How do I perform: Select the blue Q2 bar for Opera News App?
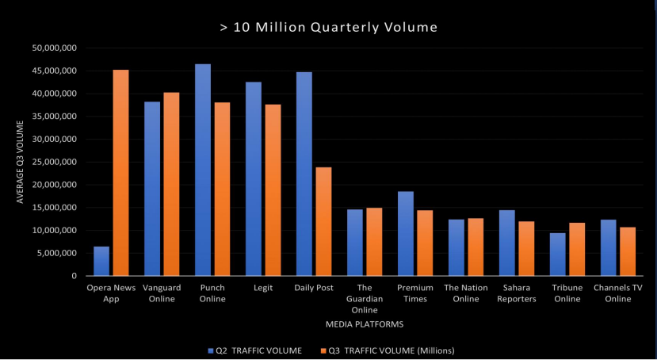pyautogui.click(x=101, y=261)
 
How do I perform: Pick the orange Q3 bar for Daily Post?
pyautogui.click(x=323, y=221)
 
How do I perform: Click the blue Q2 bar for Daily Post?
pyautogui.click(x=304, y=174)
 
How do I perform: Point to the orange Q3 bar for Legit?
pyautogui.click(x=273, y=190)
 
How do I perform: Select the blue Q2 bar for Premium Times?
pyautogui.click(x=406, y=233)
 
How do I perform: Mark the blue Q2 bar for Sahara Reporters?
pyautogui.click(x=507, y=243)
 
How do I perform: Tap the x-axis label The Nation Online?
pyautogui.click(x=466, y=293)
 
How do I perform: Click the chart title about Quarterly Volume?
pyautogui.click(x=328, y=28)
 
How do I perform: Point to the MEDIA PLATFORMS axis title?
pyautogui.click(x=365, y=324)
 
